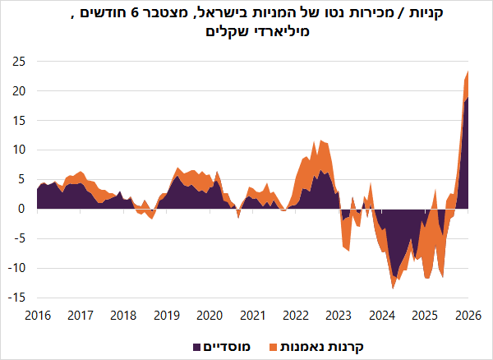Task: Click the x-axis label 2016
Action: [37, 315]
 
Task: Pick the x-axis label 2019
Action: [166, 315]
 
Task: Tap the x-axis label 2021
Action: [252, 315]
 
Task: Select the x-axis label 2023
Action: [339, 315]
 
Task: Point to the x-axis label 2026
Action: [468, 315]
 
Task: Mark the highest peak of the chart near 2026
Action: [468, 72]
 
